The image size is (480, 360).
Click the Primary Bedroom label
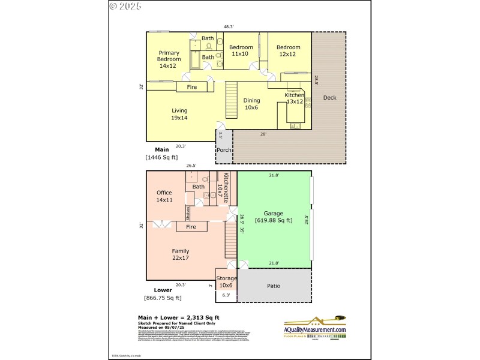(169, 59)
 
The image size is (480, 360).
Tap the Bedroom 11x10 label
(240, 50)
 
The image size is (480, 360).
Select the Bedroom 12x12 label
(288, 50)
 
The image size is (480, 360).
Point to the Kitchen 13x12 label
(295, 98)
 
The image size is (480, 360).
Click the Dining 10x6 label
(251, 104)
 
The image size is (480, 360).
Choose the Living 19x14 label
(179, 114)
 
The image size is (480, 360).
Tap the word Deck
(329, 98)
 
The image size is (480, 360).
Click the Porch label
(224, 150)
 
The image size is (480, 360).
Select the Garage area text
(273, 217)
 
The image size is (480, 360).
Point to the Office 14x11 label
(164, 196)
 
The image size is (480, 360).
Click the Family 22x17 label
(180, 255)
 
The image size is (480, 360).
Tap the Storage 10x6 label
(227, 281)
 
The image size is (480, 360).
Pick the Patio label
(274, 286)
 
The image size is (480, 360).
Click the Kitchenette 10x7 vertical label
(227, 187)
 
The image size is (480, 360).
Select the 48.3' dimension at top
(229, 27)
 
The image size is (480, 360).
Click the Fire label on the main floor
(192, 87)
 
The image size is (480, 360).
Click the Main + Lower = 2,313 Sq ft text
(179, 317)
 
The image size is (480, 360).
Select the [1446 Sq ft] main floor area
(161, 157)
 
